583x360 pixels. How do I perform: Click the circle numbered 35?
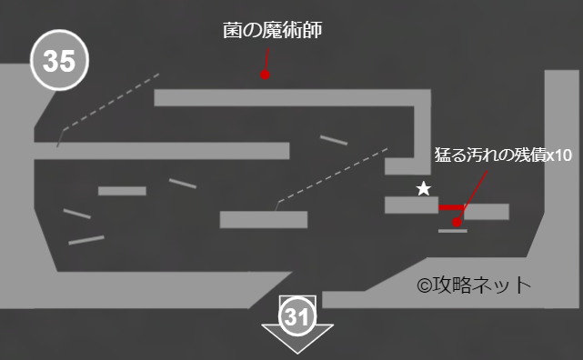[59, 63]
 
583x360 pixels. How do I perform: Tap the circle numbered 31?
[297, 317]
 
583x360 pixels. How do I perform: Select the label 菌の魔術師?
[273, 31]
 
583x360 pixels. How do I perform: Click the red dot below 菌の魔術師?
[265, 75]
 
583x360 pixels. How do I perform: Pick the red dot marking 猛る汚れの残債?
[457, 222]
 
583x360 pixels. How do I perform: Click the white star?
[423, 189]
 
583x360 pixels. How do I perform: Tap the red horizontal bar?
[451, 208]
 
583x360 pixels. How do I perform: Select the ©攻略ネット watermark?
[473, 285]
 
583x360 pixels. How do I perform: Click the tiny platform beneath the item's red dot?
[452, 231]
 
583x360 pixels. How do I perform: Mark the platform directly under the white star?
[411, 205]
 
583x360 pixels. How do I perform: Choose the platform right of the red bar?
[487, 212]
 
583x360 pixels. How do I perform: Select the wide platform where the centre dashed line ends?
[263, 219]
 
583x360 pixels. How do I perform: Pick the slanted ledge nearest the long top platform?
[334, 140]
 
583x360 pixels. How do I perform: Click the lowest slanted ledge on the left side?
[86, 240]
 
